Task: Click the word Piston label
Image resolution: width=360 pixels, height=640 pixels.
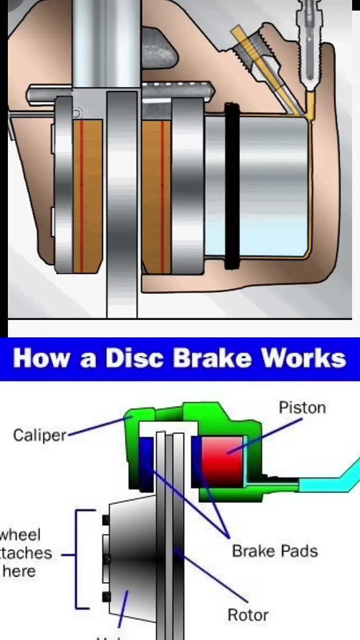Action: (302, 407)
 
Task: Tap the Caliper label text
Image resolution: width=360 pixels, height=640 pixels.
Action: (39, 435)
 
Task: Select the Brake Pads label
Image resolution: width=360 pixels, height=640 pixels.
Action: (275, 551)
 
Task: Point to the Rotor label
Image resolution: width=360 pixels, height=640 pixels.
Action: (247, 615)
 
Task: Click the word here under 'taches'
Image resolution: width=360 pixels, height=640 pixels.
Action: (19, 571)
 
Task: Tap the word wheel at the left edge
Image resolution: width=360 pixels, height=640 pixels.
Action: (20, 534)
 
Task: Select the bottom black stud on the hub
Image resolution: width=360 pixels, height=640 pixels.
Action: (106, 596)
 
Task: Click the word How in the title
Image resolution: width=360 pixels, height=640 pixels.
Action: (44, 358)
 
